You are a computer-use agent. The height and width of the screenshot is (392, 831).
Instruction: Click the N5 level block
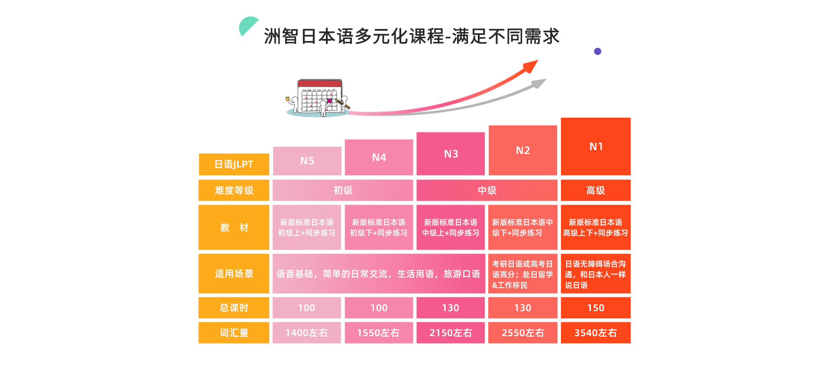click(307, 161)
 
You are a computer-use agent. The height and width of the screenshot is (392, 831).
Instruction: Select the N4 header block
click(379, 157)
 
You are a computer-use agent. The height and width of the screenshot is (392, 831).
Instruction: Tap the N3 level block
click(451, 154)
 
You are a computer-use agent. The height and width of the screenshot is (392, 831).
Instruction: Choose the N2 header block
click(523, 150)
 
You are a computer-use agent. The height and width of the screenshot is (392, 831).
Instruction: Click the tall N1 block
click(596, 146)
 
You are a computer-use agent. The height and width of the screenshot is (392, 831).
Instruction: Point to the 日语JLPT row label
click(234, 164)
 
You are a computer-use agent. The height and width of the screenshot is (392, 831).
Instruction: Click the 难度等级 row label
click(234, 190)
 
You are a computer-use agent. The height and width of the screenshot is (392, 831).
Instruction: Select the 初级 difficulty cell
click(343, 190)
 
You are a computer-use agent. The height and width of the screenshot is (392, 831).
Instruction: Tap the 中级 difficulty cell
click(487, 190)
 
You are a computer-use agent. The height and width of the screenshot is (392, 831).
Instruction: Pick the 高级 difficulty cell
click(596, 190)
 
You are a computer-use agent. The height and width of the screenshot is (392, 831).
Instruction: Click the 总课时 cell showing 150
click(596, 308)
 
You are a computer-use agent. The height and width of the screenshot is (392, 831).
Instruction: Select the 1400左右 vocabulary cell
click(307, 333)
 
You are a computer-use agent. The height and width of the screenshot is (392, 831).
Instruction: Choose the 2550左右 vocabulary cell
click(523, 333)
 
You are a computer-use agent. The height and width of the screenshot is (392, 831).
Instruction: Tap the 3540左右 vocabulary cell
click(596, 333)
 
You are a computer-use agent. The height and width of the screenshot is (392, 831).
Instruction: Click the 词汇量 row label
click(234, 333)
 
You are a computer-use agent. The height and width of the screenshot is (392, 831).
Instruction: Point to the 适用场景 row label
click(234, 273)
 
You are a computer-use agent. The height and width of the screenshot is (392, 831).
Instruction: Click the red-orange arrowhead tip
click(538, 60)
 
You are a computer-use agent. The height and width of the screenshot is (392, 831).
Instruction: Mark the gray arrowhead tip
click(546, 79)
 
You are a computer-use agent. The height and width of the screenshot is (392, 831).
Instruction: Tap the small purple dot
click(598, 51)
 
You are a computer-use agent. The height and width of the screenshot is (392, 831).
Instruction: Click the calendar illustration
click(318, 98)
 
